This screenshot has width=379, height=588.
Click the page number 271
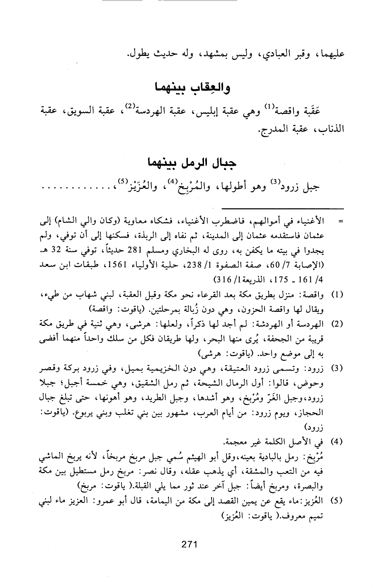point(189,545)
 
